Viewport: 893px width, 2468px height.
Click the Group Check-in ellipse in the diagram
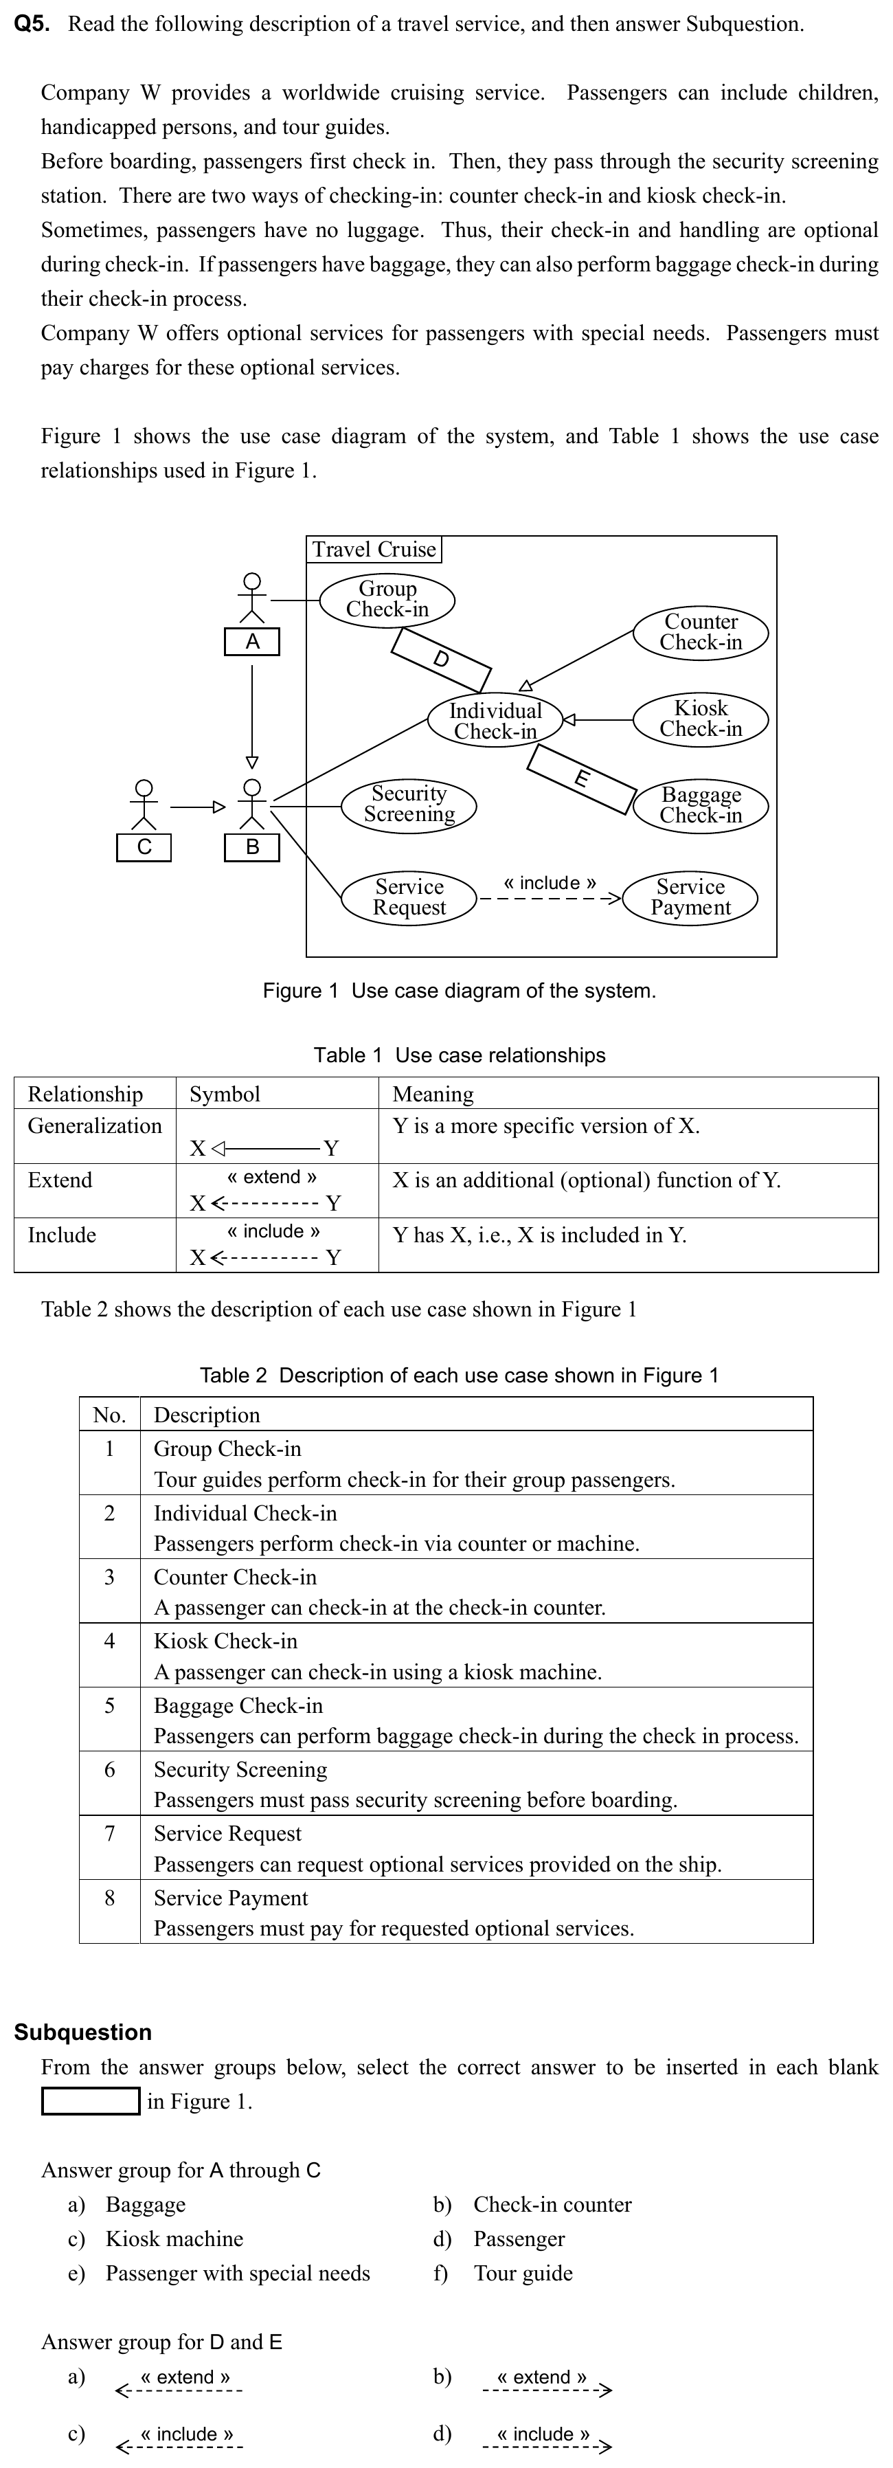pos(387,599)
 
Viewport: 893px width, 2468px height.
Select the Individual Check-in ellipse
pos(495,721)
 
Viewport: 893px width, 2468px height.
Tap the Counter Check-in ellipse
pos(701,632)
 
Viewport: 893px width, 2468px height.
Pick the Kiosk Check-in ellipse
pos(701,719)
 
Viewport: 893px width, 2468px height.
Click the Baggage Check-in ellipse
pos(701,805)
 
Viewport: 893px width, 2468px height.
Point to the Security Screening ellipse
pos(409,804)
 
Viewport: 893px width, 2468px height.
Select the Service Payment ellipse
pos(690,898)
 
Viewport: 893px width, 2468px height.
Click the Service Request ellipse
pos(409,898)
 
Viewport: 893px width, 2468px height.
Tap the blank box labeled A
pos(252,642)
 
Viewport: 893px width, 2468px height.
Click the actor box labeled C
pos(144,847)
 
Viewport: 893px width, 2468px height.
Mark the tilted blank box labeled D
pos(441,659)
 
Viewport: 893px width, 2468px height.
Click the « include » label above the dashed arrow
pos(550,882)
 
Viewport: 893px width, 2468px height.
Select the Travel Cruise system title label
pos(374,549)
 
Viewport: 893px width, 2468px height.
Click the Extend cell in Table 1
pos(60,1180)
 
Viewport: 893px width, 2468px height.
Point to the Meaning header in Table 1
pos(433,1094)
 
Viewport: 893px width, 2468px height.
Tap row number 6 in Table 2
pos(109,1769)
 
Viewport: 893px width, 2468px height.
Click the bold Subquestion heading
pos(83,2032)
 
